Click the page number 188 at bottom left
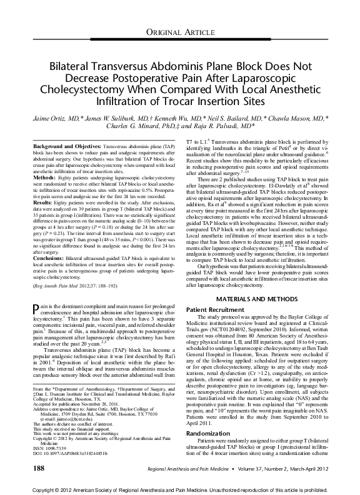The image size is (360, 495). click(38, 467)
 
